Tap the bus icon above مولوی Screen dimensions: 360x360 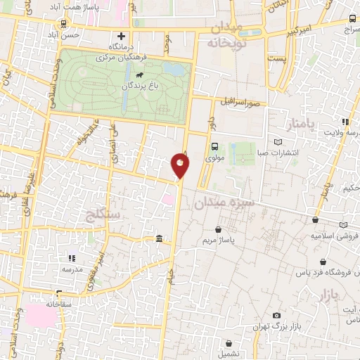pos(214,148)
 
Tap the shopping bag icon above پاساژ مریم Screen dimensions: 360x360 pos(219,229)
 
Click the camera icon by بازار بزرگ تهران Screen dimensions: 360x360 pos(276,316)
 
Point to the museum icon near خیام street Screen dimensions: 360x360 pos(159,240)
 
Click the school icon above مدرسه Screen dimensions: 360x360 pos(71,258)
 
